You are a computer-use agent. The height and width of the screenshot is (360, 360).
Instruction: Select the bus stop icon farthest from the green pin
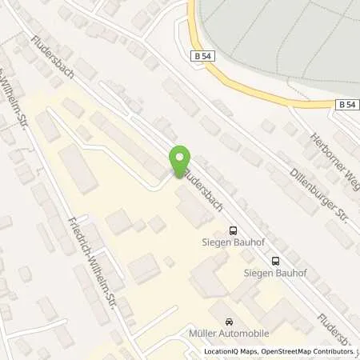(276, 259)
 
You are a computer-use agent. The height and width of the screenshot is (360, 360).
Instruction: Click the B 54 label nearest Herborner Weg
(346, 104)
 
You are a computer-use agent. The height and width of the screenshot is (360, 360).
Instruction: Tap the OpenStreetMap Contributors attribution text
(313, 351)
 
